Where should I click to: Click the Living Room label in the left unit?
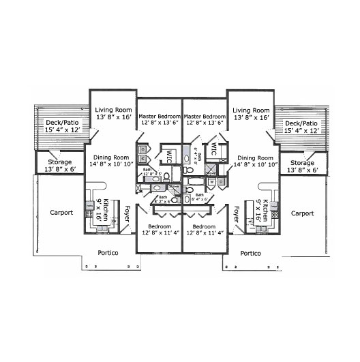coord(113,109)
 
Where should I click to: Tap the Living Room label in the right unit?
coord(251,109)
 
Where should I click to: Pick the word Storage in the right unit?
coord(302,163)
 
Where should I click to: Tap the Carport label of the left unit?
coord(62,213)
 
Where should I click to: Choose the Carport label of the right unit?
coord(303,213)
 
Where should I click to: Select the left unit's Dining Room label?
coord(111,157)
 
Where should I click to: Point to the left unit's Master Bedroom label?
coord(159,116)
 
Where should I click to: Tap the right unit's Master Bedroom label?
coord(205,116)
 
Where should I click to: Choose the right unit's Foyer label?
coord(237,215)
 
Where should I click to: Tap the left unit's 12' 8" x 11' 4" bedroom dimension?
coord(159,232)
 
